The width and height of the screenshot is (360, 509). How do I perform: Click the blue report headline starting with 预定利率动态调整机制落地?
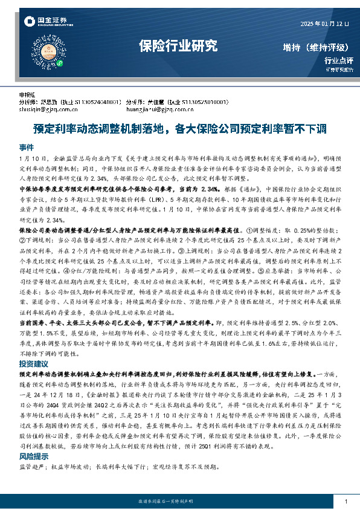click(x=179, y=128)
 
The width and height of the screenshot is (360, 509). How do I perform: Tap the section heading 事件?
click(x=27, y=148)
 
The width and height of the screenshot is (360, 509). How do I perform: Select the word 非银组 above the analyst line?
click(x=27, y=96)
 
